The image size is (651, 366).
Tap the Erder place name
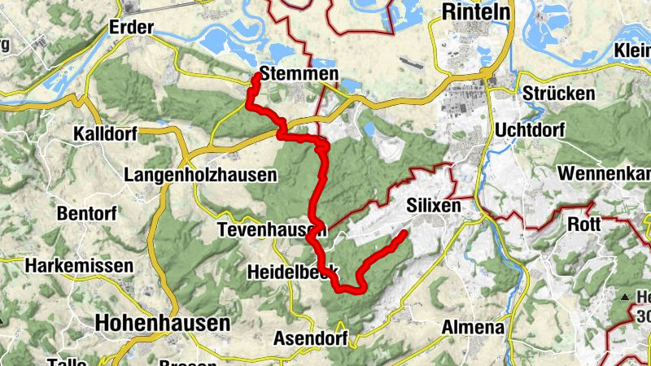coord(131,28)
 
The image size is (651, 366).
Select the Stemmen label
coord(299,74)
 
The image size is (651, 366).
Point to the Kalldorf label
coord(103,133)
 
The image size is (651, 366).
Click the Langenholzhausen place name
coord(200,175)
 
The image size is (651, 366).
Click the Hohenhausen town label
coord(162,323)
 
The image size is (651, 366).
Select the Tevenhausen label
coord(272,231)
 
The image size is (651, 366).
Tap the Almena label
coord(473,328)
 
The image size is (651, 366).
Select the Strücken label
coord(559,94)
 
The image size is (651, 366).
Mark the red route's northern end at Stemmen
coord(257,76)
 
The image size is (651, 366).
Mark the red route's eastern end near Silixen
coord(404,233)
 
